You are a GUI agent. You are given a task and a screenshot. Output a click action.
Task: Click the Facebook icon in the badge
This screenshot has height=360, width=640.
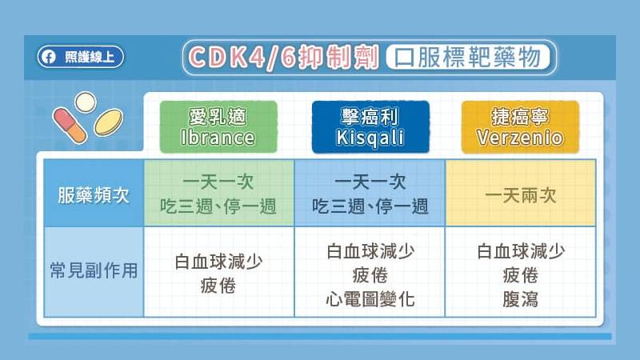[x=48, y=57]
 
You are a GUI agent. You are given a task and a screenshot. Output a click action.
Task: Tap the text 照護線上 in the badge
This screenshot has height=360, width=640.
[x=90, y=57]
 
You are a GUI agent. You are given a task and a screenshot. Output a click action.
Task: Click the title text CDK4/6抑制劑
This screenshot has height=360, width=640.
[x=284, y=57]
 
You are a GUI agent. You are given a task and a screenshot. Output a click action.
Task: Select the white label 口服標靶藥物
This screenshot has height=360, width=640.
[x=468, y=57]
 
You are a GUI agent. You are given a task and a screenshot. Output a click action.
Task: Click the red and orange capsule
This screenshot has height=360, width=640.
[x=70, y=126]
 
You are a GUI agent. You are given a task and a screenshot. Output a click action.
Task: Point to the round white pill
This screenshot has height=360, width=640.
[x=86, y=102]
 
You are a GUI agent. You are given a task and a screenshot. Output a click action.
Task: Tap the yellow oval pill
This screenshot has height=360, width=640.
[x=109, y=122]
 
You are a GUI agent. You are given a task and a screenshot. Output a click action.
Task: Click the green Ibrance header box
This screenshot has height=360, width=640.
[x=218, y=127]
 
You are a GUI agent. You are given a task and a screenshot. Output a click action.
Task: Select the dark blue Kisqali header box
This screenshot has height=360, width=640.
[x=370, y=127]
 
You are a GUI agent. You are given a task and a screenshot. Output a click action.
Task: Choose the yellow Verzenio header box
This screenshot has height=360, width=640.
[x=521, y=127]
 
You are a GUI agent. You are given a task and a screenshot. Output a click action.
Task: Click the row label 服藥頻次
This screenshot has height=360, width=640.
[x=94, y=195]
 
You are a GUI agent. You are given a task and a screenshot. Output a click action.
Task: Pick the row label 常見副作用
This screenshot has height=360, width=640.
[x=94, y=270]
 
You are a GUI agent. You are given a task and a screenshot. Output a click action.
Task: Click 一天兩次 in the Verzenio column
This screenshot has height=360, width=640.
[x=521, y=195]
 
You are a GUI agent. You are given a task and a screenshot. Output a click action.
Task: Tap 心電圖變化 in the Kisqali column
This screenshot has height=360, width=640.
[x=370, y=299]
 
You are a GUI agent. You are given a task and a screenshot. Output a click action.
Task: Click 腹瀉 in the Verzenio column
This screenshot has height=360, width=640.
[x=521, y=299]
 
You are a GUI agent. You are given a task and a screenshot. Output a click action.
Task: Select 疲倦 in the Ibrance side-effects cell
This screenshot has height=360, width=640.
[x=218, y=286]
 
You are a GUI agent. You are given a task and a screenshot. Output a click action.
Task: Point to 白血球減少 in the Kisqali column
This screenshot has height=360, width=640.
[x=370, y=251]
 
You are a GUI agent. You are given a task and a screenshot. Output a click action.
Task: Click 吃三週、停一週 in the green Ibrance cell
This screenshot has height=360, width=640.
[x=218, y=206]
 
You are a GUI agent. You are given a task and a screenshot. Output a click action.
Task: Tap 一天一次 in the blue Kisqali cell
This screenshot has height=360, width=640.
[x=370, y=182]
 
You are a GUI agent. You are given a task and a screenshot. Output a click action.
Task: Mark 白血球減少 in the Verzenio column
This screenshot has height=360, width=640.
[x=521, y=251]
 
